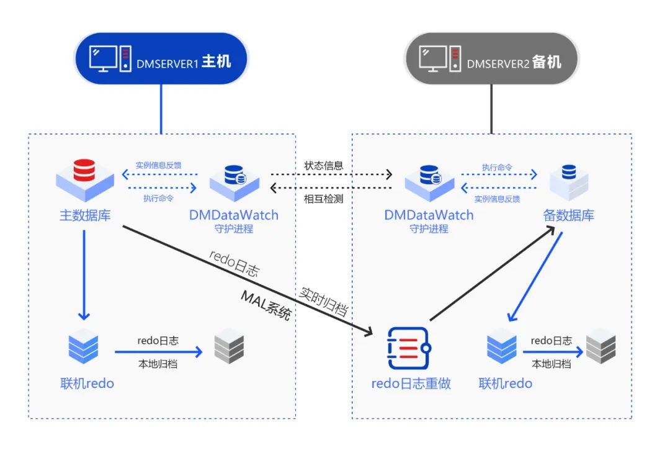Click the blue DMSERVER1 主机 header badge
[x=161, y=60]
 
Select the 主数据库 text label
[x=85, y=215]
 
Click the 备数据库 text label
[x=569, y=215]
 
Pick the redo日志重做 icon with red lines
[x=408, y=349]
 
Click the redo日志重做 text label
[x=411, y=384]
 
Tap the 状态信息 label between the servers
[x=323, y=166]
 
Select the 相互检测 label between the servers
[x=323, y=199]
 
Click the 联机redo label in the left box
[x=87, y=383]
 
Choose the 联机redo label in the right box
[x=505, y=383]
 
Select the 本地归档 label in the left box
[x=158, y=364]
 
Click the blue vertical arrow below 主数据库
[x=85, y=273]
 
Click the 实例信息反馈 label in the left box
[x=158, y=166]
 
